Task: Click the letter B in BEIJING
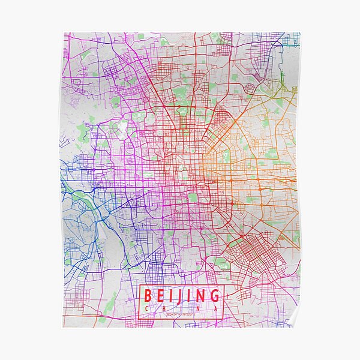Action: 147,296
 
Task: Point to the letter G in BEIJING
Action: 213,296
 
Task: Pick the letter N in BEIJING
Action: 199,296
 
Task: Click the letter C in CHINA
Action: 146,308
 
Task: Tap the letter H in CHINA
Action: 163,308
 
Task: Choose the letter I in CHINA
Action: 180,308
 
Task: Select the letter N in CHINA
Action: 197,308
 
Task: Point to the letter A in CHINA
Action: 214,308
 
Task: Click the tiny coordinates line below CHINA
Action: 180,314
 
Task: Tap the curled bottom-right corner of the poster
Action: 293,322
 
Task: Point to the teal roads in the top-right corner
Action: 291,41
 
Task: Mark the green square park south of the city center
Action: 193,197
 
